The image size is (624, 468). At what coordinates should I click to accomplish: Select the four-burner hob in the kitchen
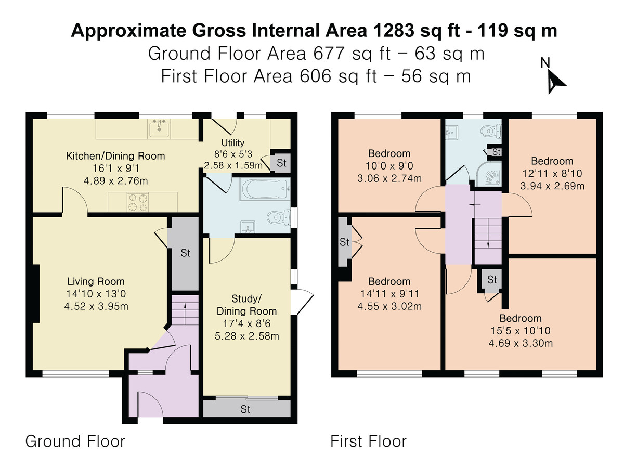(138, 202)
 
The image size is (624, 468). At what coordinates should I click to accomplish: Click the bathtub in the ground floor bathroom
(265, 189)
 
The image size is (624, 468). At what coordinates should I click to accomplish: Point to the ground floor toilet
(279, 218)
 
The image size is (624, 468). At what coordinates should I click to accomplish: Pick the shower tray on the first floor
(488, 174)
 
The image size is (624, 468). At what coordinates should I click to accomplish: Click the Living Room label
(96, 281)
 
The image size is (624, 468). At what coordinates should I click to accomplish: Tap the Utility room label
(233, 142)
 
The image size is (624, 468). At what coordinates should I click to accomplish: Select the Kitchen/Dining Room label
(115, 156)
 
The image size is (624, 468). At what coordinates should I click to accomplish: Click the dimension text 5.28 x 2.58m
(247, 336)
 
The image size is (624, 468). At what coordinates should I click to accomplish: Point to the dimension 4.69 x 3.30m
(521, 343)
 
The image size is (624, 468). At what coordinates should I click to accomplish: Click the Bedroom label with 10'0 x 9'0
(389, 153)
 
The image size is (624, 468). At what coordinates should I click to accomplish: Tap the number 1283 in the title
(394, 30)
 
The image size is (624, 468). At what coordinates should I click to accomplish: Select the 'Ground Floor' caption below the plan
(75, 441)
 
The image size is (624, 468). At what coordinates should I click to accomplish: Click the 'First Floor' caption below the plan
(369, 441)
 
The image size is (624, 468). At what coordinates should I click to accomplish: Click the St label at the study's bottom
(245, 409)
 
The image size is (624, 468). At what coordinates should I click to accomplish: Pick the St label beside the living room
(185, 253)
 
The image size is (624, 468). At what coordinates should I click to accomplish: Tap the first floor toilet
(491, 132)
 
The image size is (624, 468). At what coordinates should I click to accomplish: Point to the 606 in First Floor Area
(316, 76)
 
